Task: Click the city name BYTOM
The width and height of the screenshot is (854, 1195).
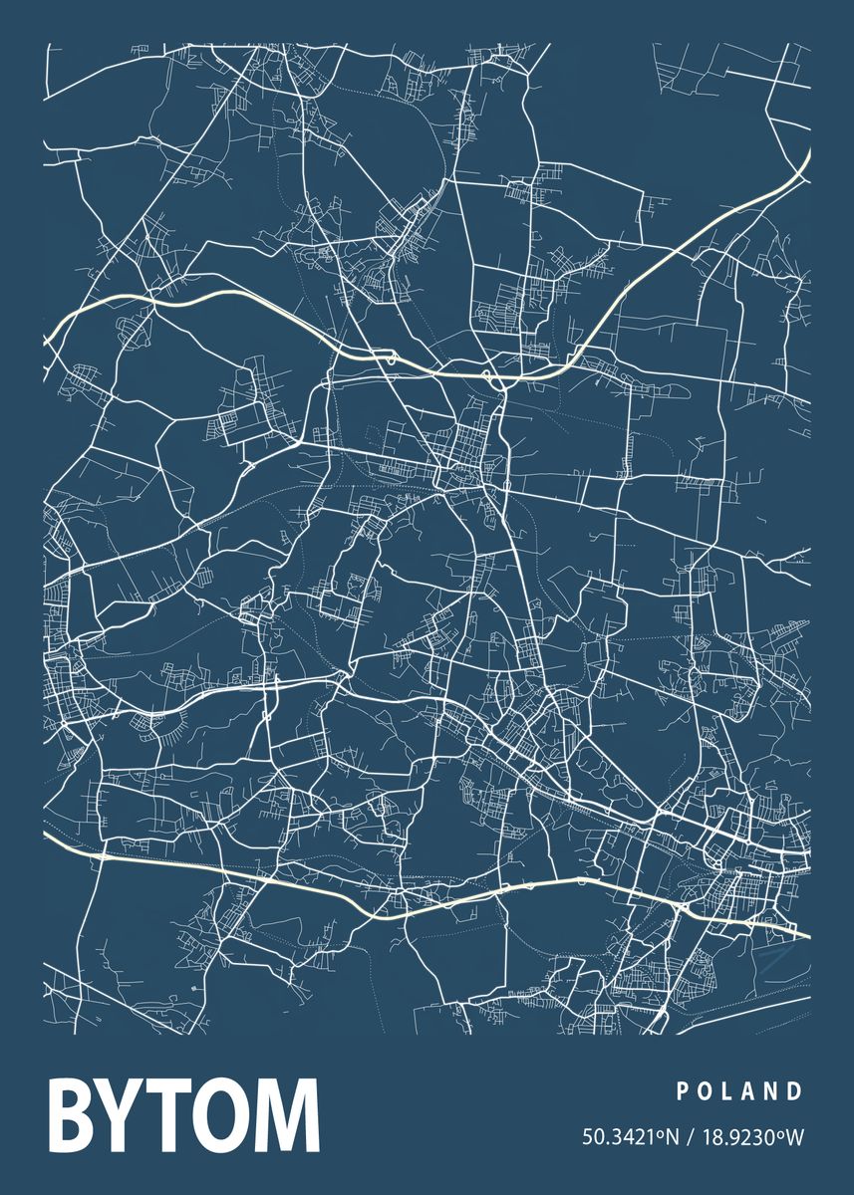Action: pos(184,1128)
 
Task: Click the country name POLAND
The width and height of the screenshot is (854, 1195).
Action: pos(739,1091)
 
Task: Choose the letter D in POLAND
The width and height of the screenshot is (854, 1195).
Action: pos(795,1091)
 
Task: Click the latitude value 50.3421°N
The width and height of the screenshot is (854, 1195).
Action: pos(628,1136)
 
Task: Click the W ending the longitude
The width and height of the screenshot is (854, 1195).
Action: pos(795,1136)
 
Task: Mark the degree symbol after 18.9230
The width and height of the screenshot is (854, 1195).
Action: pos(782,1131)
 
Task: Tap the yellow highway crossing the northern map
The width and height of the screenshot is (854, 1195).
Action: pos(249,303)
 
